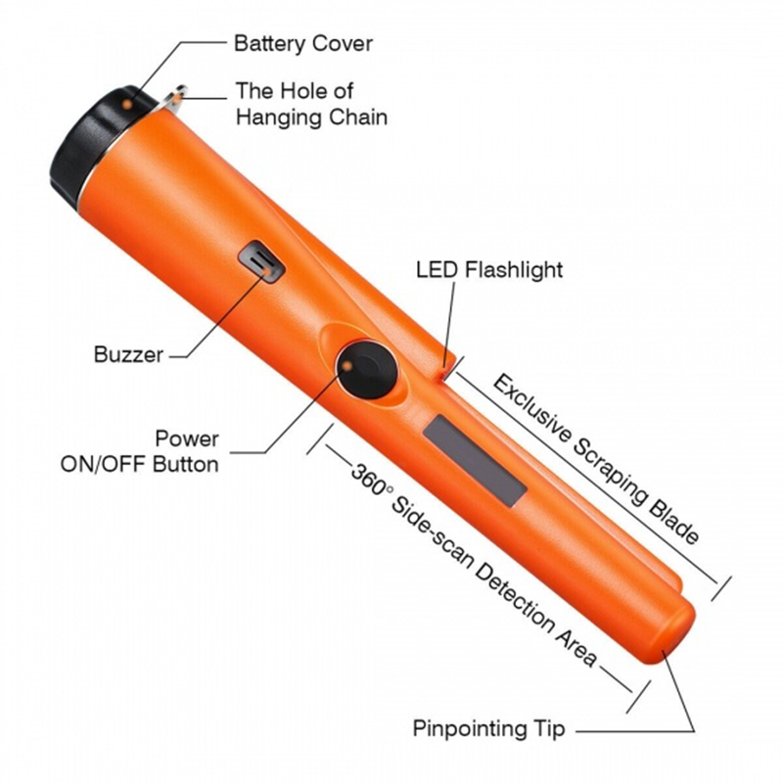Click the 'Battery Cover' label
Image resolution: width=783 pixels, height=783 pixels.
coord(303,43)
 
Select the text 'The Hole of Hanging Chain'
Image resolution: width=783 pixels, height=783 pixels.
coord(311,105)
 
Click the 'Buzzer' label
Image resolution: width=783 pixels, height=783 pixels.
coord(128,354)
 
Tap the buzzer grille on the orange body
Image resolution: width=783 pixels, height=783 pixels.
coord(261,261)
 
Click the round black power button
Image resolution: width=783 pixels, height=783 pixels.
coord(368,370)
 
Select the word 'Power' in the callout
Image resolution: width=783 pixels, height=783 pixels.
coord(187,438)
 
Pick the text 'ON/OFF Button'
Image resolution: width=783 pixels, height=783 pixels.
coord(140,464)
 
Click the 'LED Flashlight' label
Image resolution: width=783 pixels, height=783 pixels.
coord(489,270)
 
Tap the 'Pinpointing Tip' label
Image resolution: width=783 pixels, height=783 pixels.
coord(488,728)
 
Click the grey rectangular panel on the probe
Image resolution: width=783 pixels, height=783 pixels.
coord(475,461)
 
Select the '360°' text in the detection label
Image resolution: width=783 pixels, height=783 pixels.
coord(372,479)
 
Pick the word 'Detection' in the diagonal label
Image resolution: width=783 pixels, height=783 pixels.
coord(515,597)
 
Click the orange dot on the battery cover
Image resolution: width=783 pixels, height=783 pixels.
coord(127,105)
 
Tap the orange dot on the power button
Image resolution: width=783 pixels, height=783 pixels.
coord(348,366)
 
